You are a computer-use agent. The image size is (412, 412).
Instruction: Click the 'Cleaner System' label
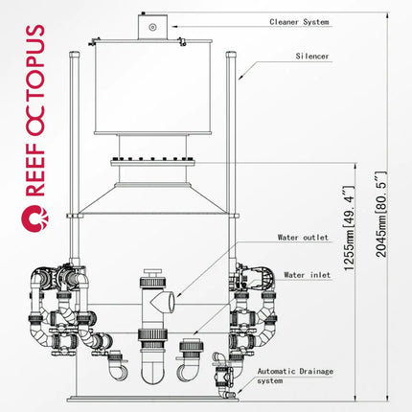coord(299,22)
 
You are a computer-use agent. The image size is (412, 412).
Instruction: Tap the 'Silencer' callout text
coord(312,57)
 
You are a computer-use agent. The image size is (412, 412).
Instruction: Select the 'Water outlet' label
coord(303,238)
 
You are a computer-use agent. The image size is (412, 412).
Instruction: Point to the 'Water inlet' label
coord(307,275)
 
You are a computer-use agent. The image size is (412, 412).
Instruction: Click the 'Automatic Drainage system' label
coord(295,376)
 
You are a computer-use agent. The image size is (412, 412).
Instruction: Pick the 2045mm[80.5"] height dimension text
coord(381,215)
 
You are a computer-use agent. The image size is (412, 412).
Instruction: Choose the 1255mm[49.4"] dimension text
coord(349,228)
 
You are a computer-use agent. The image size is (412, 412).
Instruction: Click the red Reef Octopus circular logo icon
coord(35,218)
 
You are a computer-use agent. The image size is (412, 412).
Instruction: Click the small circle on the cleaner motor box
coord(152,27)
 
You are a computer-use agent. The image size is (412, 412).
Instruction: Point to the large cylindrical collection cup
coord(153,87)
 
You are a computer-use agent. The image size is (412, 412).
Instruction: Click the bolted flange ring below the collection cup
coord(152,163)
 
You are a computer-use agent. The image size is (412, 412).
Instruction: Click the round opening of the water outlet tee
coord(172,302)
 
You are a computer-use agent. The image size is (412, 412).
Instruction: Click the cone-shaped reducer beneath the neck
coord(152,198)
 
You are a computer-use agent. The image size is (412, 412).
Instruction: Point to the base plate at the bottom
coord(152,399)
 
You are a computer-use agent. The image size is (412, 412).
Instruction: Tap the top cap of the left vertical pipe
coord(74,55)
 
